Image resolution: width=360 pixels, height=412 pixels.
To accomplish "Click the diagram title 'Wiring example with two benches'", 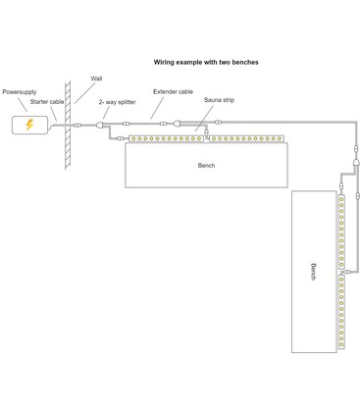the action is click(206, 62).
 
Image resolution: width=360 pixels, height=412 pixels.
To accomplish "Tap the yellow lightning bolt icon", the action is click(29, 125).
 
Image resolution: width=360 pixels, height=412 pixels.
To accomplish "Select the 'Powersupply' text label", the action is click(20, 92).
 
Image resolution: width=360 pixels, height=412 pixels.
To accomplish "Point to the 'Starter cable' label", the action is click(47, 102).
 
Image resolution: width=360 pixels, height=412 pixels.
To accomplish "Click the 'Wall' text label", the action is click(96, 78).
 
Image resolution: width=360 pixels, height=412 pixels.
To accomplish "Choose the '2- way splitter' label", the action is click(117, 102).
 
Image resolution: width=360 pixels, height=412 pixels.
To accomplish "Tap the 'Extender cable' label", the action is click(173, 91).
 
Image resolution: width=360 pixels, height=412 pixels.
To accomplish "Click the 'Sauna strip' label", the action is click(219, 100).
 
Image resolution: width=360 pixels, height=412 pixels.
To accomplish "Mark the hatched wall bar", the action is click(68, 126).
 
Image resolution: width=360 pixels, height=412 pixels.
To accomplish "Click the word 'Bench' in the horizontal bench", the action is click(206, 166).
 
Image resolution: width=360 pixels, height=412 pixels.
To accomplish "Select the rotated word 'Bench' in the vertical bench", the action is click(313, 272).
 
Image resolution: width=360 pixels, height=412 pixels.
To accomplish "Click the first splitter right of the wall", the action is click(100, 125).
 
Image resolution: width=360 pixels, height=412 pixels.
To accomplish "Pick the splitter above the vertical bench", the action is click(356, 162).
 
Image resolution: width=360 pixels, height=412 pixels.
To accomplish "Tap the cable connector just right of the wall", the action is click(77, 125).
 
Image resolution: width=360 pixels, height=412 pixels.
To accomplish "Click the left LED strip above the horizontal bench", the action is click(166, 138).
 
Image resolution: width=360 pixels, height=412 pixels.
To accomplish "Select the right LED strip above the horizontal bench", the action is click(246, 138).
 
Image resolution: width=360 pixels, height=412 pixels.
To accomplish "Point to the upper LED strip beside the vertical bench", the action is click(341, 232).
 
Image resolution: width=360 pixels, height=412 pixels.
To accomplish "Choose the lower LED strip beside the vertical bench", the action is click(341, 312).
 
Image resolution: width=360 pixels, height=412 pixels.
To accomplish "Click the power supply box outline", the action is click(29, 125).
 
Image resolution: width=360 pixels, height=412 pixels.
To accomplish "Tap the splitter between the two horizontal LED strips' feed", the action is click(177, 124).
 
